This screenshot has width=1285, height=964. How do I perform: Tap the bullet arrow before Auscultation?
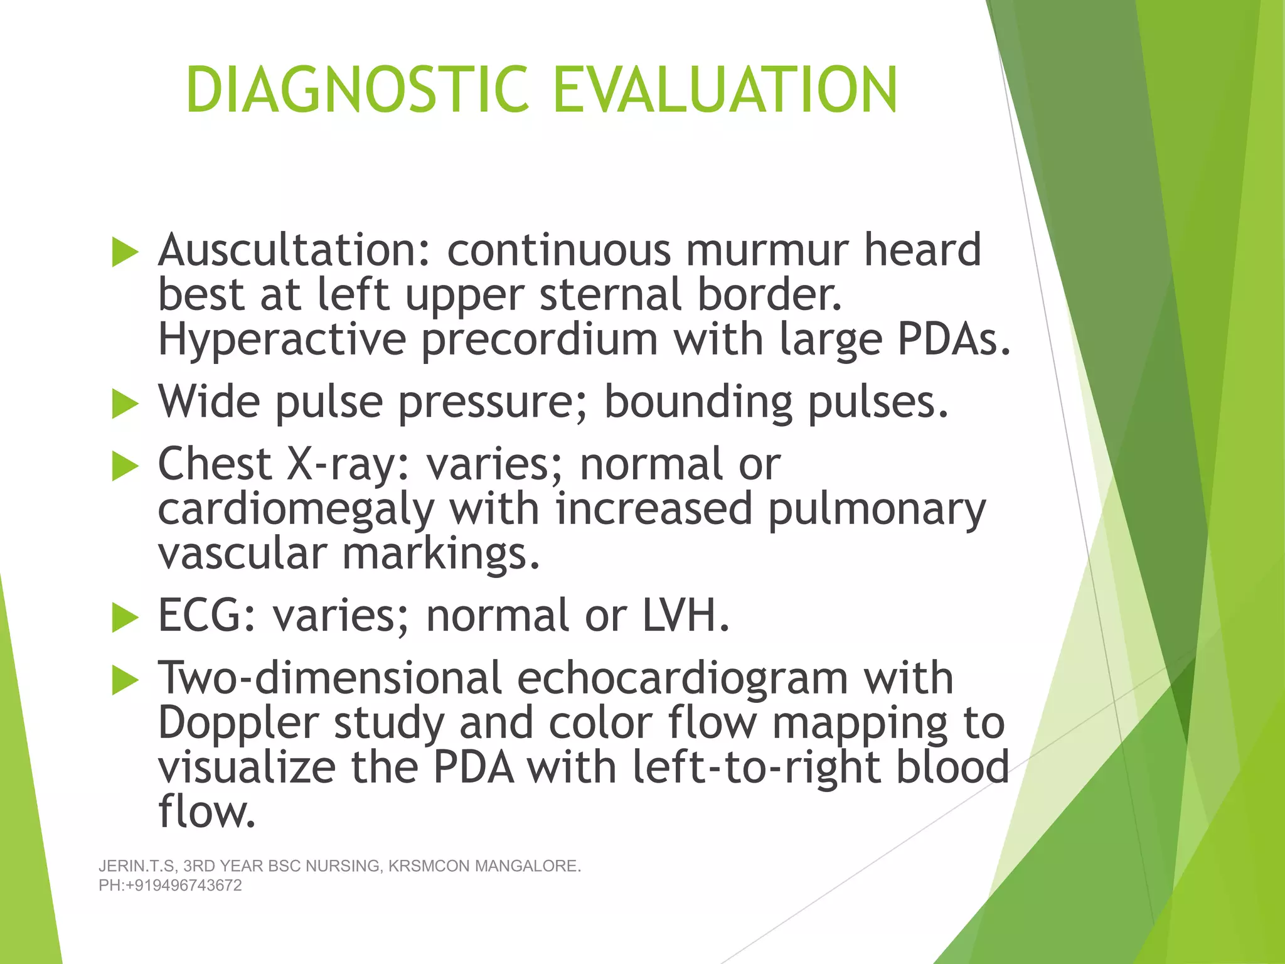point(125,253)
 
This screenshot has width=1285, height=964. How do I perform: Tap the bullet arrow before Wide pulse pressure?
point(125,404)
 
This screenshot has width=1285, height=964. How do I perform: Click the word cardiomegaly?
point(296,510)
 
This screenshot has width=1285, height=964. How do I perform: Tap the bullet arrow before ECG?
point(125,618)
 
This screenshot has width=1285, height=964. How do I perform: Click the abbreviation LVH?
point(685,616)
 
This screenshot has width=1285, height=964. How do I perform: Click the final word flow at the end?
point(206,811)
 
